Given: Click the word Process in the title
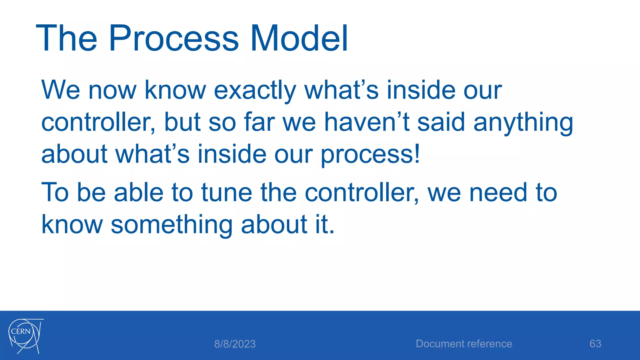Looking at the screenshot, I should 173,39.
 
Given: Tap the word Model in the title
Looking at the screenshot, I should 299,39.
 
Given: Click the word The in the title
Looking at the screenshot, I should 67,39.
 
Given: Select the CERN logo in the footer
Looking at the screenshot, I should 25,336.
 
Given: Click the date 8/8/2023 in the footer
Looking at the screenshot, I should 235,344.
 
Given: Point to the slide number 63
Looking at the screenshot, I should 595,344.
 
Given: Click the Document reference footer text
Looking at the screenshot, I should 464,344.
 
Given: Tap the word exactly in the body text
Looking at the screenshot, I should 255,91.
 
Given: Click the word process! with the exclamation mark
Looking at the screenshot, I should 370,155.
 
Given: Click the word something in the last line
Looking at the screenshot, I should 172,225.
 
